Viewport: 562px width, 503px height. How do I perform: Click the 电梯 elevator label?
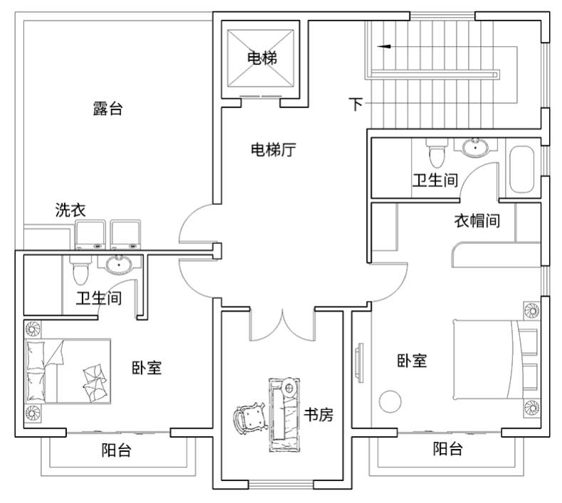tap(262, 58)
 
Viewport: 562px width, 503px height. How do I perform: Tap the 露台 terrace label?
tap(108, 108)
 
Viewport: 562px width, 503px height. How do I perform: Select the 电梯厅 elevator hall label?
tap(274, 149)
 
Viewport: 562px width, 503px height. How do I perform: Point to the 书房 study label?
tap(318, 415)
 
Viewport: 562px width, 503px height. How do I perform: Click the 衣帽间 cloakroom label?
tap(477, 221)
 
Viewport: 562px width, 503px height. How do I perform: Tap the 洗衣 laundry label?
tap(71, 210)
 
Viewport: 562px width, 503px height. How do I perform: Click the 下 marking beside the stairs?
tap(356, 104)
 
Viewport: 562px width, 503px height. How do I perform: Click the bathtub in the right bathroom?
tap(521, 169)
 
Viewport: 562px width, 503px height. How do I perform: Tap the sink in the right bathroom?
tap(476, 147)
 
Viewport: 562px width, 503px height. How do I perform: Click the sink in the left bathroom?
tap(119, 265)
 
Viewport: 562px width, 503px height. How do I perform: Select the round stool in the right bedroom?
tap(390, 401)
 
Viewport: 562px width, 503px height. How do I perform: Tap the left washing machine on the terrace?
tap(90, 235)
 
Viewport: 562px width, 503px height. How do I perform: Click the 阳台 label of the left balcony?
tap(116, 450)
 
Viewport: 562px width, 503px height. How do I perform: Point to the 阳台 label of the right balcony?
tap(447, 449)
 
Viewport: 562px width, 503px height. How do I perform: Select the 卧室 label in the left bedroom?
tap(147, 368)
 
